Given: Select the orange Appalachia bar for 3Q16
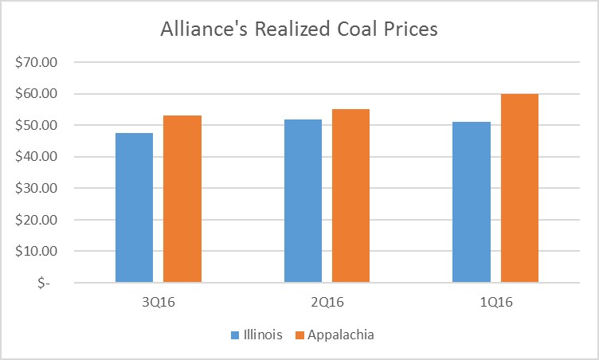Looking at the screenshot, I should coord(182,199).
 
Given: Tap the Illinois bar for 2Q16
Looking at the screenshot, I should coord(303,201).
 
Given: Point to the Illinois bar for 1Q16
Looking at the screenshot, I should coord(472,202).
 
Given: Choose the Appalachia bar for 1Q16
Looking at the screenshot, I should coord(519,188).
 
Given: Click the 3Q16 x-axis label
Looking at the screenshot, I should coord(159,303).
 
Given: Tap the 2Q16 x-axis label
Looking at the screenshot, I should coord(327,303).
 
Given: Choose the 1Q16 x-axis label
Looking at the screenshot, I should coord(495,303).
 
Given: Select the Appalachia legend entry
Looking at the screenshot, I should coord(340,335).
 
